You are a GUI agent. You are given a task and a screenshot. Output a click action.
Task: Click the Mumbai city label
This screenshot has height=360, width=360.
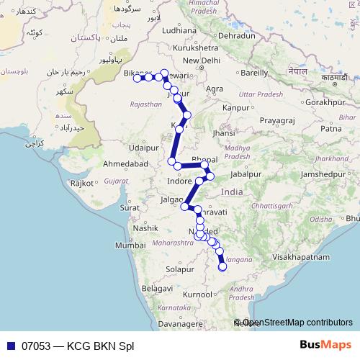point(130,246)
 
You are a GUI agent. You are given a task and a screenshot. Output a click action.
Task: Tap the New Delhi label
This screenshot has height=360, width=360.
point(201,60)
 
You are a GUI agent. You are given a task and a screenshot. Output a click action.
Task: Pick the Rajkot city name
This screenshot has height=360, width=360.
point(86,184)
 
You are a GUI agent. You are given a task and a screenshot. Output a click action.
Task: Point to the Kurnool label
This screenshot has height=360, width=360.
point(198,294)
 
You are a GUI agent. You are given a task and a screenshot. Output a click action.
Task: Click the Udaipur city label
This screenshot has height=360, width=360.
point(143,147)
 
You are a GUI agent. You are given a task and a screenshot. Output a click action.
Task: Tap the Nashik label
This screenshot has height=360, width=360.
point(145,228)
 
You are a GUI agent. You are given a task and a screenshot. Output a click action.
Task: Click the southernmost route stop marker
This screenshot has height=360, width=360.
point(222,267)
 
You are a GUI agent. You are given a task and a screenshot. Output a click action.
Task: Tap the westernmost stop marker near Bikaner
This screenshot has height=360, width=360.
point(137,78)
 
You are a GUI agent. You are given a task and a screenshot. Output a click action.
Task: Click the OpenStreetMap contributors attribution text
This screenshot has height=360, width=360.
point(297,323)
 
